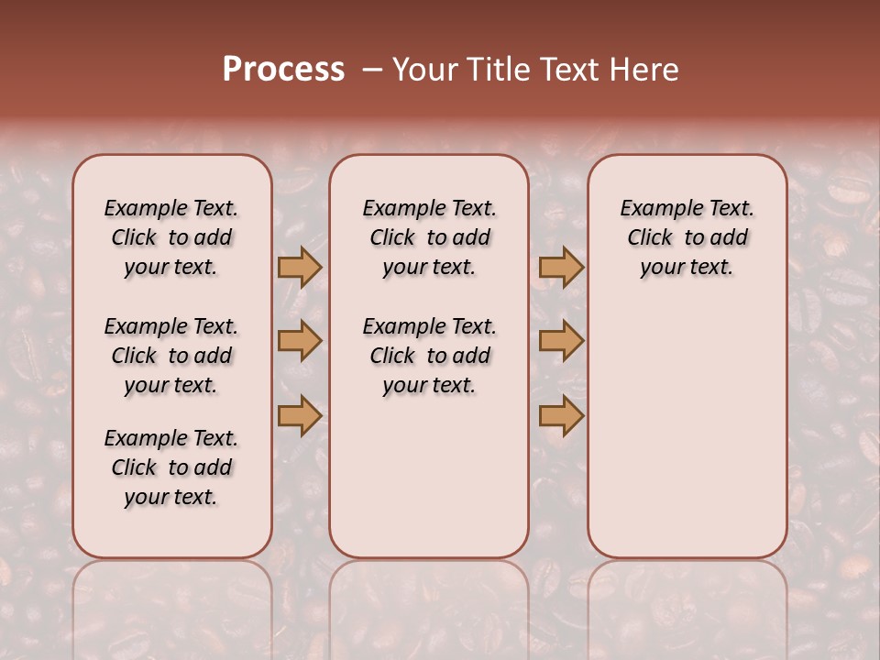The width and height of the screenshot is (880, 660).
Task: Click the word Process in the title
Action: click(x=283, y=70)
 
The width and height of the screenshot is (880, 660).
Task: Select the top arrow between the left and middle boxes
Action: click(x=299, y=267)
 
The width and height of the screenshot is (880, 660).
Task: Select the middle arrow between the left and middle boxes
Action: click(x=299, y=341)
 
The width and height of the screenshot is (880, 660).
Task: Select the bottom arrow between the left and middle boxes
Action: click(x=299, y=415)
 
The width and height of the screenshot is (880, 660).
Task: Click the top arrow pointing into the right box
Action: click(x=561, y=267)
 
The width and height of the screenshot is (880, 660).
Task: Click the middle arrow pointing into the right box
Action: click(x=561, y=341)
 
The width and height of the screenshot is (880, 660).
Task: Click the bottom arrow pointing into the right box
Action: click(x=561, y=415)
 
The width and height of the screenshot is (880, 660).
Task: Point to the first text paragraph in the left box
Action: click(x=171, y=237)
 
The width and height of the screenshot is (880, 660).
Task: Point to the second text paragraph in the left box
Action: click(x=171, y=356)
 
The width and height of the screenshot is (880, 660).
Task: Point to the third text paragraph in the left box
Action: click(x=171, y=467)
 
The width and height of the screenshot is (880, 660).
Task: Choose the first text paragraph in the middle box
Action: click(x=429, y=237)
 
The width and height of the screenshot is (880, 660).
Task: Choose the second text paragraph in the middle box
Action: click(x=429, y=356)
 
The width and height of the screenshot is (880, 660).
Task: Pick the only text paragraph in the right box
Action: click(x=687, y=237)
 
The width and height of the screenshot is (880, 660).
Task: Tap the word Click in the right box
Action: click(x=650, y=238)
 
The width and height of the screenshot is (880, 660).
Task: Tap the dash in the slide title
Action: click(x=372, y=70)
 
